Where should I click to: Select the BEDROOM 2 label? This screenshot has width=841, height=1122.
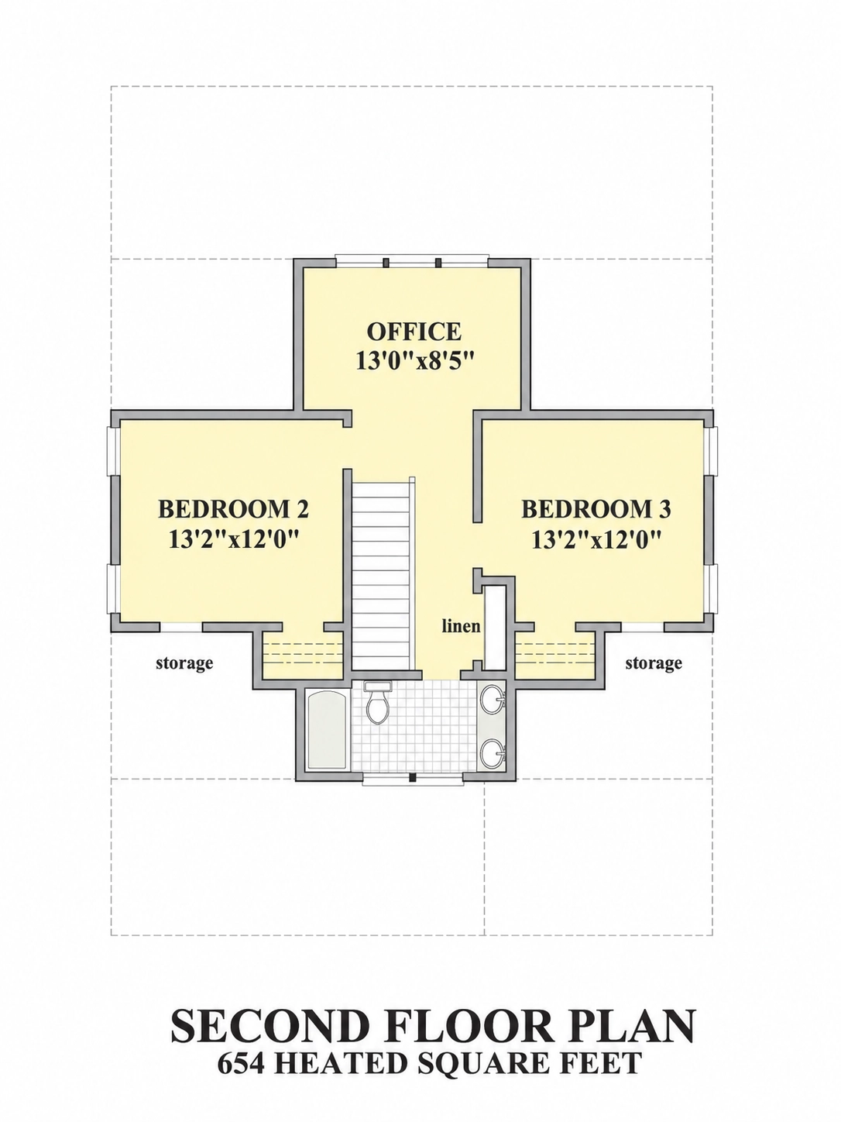tap(233, 509)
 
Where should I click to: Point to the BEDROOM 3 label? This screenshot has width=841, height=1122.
tap(596, 509)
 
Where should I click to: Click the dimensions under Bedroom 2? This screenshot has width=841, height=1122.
tap(233, 539)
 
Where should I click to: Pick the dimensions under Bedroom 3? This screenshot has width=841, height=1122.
tap(596, 539)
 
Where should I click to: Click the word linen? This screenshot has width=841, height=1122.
tap(461, 625)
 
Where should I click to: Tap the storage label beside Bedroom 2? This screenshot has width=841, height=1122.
tap(184, 663)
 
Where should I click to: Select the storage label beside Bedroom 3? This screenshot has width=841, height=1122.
tap(654, 663)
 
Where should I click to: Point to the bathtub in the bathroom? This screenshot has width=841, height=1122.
tap(327, 730)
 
